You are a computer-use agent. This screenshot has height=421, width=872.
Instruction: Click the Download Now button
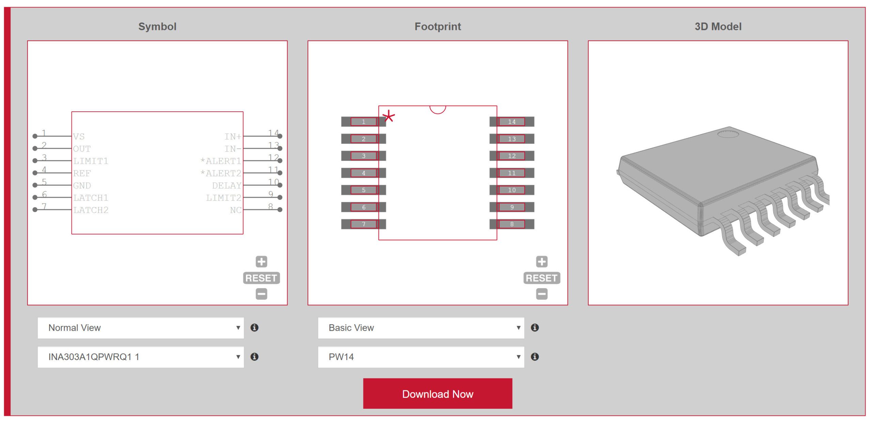[x=437, y=393]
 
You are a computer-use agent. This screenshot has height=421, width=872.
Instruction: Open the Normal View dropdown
[x=140, y=327]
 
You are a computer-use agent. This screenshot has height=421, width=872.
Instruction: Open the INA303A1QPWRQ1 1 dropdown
[x=140, y=357]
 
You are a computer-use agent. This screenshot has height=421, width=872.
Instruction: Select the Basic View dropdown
[x=421, y=327]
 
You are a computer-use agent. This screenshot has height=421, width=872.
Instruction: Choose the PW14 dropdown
[x=421, y=357]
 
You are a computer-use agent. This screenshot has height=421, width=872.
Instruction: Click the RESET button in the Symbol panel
[x=261, y=278]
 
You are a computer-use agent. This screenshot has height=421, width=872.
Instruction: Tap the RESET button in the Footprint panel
[x=542, y=278]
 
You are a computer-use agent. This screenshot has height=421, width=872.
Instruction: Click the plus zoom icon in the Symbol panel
[x=261, y=261]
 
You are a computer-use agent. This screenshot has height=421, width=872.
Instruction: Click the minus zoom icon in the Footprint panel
[x=542, y=294]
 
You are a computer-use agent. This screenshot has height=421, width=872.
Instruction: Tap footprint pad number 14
[x=511, y=122]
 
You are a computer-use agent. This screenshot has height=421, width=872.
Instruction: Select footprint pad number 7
[x=363, y=224]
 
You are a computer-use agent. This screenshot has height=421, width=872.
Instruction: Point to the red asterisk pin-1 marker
[x=389, y=117]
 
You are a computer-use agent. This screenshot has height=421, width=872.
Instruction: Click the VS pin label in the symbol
[x=79, y=136]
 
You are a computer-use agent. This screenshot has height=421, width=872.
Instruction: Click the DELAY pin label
[x=227, y=185]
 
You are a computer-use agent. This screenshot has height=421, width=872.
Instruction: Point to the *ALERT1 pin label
[x=221, y=161]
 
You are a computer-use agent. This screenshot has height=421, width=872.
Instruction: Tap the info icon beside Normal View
[x=254, y=327]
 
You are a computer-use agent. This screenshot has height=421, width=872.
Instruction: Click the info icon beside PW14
[x=535, y=357]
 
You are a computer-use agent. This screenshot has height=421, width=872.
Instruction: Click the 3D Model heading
[x=718, y=27]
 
